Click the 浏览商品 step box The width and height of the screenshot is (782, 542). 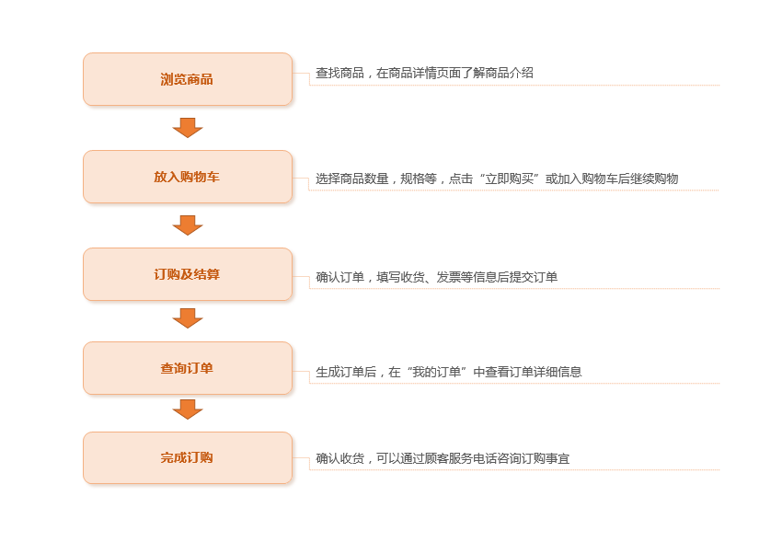click(188, 79)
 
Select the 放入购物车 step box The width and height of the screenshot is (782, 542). click(188, 177)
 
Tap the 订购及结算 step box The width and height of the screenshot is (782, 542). click(188, 274)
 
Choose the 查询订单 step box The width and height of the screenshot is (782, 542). click(188, 368)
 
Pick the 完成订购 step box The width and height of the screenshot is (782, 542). click(188, 457)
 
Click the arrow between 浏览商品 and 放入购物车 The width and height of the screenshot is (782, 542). click(188, 128)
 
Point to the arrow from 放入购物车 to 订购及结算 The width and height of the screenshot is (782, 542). click(188, 225)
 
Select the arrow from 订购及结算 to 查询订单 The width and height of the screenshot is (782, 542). click(188, 318)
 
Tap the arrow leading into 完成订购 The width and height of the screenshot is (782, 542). click(188, 409)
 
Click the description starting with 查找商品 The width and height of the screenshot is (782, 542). click(424, 73)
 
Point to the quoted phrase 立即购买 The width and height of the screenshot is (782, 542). click(509, 179)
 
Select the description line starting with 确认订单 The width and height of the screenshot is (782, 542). click(436, 277)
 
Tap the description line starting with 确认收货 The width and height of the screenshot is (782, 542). click(443, 458)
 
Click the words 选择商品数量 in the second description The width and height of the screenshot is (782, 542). click(352, 179)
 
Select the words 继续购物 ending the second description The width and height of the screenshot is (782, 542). click(654, 179)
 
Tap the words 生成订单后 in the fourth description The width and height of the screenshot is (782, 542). click(346, 372)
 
